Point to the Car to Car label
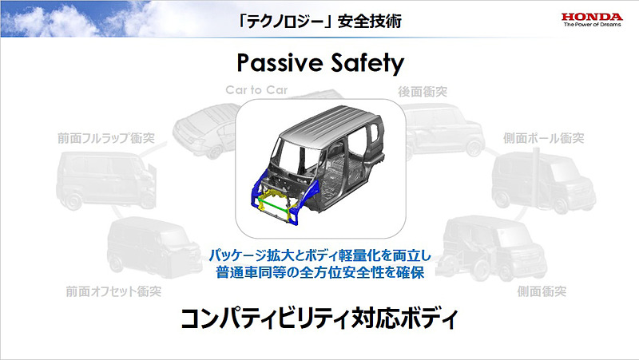coord(256,89)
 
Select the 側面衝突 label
coord(542,290)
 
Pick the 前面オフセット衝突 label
coord(113,291)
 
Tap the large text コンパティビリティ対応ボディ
coord(319,321)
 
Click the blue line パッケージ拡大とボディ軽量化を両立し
coord(319,255)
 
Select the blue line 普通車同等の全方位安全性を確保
coord(319,273)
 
